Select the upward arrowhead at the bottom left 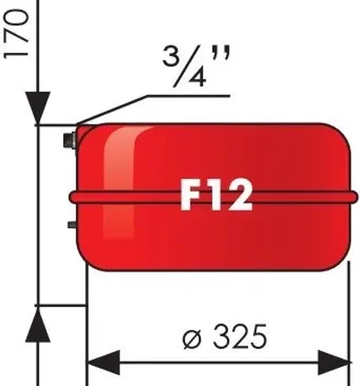tap(38, 328)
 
